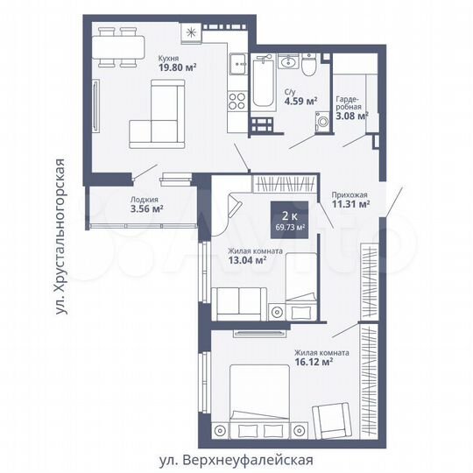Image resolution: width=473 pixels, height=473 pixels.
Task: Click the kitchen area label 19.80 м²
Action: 177,67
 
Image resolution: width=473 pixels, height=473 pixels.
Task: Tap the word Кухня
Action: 168,56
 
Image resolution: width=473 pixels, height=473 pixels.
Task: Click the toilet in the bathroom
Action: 309,67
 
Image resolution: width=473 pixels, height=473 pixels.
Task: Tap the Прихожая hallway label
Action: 349,195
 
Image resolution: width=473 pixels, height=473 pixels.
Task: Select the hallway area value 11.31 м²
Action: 350,206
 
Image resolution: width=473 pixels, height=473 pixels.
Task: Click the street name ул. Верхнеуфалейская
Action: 235,460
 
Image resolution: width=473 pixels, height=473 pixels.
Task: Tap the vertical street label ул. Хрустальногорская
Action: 60,236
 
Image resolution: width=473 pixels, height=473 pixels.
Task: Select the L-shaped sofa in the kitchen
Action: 158,114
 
